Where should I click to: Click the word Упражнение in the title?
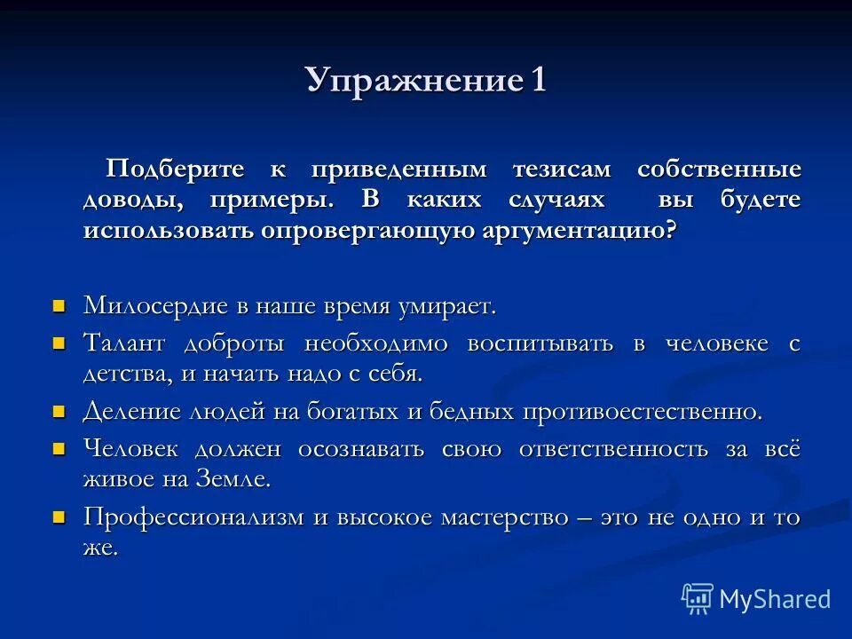pyautogui.click(x=413, y=81)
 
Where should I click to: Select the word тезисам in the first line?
pyautogui.click(x=561, y=169)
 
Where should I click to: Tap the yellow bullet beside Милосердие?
pyautogui.click(x=59, y=306)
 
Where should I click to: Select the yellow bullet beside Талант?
pyautogui.click(x=59, y=343)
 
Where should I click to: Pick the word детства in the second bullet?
pyautogui.click(x=124, y=374)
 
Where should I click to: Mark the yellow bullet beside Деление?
pyautogui.click(x=59, y=412)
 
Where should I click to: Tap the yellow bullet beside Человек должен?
pyautogui.click(x=59, y=448)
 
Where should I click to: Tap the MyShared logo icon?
pyautogui.click(x=697, y=599)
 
